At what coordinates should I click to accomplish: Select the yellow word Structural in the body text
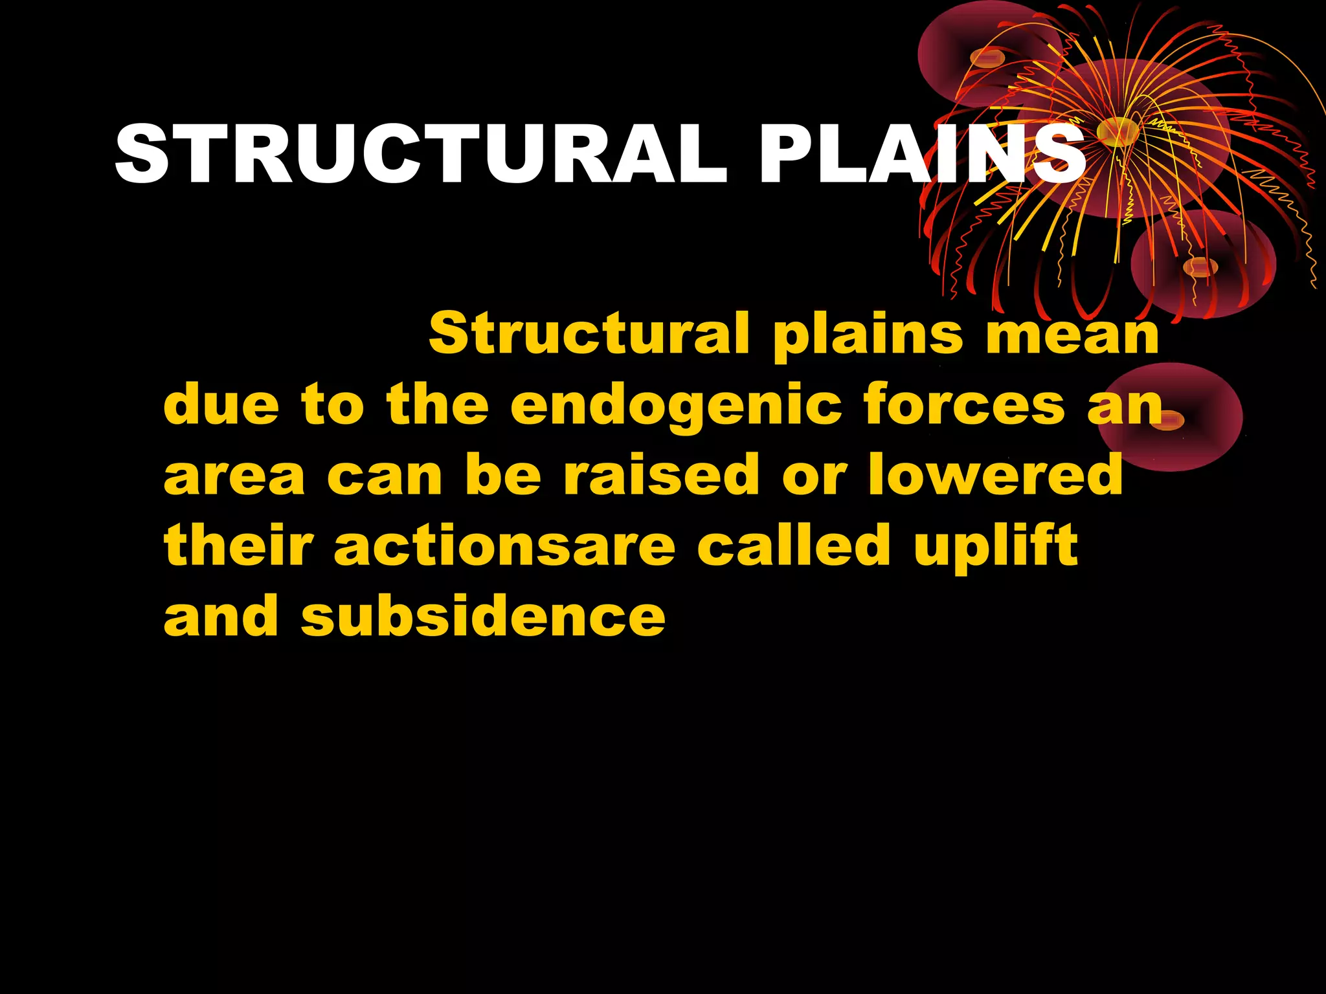point(589,333)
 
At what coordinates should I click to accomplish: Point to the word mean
point(1072,334)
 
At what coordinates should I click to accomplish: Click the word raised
point(661,474)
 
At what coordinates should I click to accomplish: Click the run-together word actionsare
point(505,546)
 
